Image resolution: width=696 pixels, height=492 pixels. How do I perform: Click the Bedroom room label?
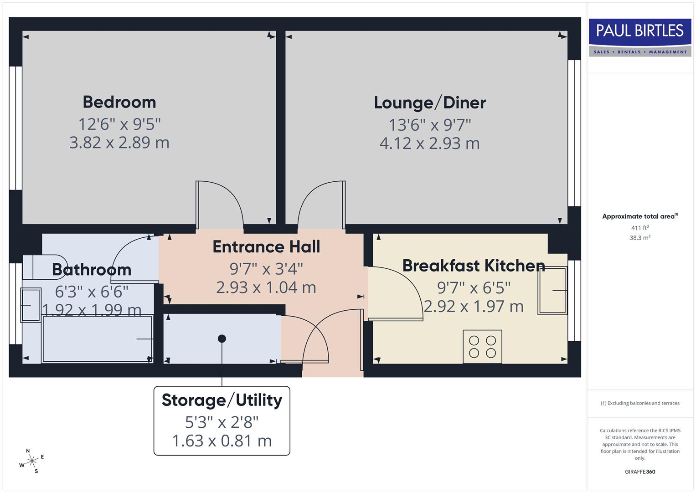click(x=119, y=102)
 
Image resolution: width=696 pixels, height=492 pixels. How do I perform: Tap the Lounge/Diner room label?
click(x=429, y=102)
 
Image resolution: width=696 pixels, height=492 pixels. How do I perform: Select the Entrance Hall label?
click(x=266, y=246)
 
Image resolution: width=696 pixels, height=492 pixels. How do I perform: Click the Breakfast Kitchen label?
click(x=473, y=265)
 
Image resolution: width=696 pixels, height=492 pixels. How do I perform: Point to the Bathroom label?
click(x=92, y=269)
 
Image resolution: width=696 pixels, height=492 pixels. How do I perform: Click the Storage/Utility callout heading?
click(x=222, y=400)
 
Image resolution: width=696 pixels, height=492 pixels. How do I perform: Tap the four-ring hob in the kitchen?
click(x=482, y=347)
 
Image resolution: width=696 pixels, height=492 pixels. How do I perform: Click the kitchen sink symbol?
click(x=552, y=290)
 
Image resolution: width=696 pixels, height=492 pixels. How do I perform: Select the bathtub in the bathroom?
click(x=97, y=339)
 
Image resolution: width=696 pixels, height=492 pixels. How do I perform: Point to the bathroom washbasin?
click(x=31, y=305)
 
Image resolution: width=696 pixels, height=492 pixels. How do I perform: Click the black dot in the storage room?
click(x=222, y=338)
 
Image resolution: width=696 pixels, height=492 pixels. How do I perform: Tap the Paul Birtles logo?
click(x=640, y=37)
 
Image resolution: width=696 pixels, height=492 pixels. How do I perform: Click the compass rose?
click(x=31, y=461)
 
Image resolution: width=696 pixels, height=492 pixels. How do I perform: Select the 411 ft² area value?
click(x=640, y=228)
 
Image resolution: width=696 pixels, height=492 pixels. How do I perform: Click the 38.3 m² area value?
click(x=640, y=238)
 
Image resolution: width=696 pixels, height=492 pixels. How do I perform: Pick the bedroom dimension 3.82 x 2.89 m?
click(x=119, y=143)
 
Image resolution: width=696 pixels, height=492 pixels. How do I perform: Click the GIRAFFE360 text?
click(x=640, y=471)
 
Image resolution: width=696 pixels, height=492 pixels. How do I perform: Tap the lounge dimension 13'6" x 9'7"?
click(x=429, y=124)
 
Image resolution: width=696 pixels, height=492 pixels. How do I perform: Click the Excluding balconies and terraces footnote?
click(x=640, y=403)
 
